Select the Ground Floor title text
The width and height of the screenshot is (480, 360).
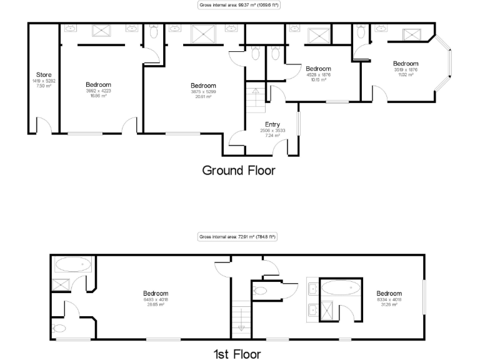tap(238, 169)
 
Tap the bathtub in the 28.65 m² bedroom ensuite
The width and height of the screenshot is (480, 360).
tap(73, 265)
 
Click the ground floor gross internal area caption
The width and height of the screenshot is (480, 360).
tap(239, 5)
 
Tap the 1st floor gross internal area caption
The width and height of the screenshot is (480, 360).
tap(237, 237)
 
